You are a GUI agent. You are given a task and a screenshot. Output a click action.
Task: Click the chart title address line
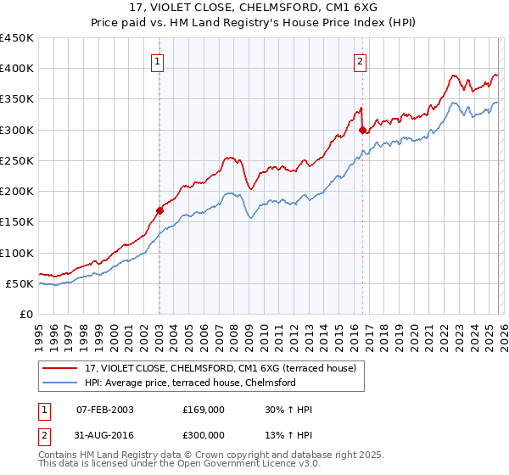[255, 8]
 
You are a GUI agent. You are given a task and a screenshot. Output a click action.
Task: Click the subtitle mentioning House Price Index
[255, 22]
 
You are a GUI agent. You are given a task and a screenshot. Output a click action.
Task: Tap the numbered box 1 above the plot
[159, 61]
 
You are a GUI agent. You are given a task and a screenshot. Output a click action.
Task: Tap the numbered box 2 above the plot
[361, 61]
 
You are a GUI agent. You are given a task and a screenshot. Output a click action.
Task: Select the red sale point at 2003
[159, 210]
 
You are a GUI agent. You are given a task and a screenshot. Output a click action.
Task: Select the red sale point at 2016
[362, 130]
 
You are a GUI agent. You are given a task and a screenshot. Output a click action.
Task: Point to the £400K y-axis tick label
[17, 69]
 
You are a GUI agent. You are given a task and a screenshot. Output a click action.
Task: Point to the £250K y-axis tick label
[17, 160]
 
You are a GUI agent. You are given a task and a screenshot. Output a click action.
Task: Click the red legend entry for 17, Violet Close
[225, 367]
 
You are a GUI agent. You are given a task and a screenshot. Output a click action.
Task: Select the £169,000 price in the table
[204, 410]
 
